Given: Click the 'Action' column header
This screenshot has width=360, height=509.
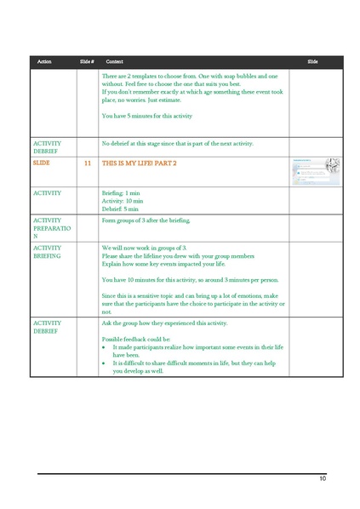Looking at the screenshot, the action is (x=44, y=62).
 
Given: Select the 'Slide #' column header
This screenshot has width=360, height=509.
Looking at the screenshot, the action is (x=86, y=62).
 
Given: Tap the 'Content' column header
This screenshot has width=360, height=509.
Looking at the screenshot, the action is (x=114, y=62).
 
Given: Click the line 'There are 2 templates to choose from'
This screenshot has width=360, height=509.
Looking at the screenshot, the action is (x=188, y=76).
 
